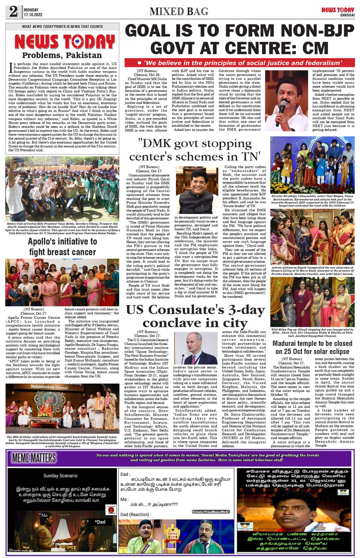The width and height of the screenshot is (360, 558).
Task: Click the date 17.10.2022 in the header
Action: (x=33, y=15)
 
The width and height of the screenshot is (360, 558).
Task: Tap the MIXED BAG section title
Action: (x=179, y=11)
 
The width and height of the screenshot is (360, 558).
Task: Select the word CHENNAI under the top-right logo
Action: (x=347, y=15)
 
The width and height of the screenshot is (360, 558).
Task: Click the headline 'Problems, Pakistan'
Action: (x=62, y=55)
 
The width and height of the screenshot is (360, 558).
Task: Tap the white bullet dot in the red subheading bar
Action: (x=139, y=63)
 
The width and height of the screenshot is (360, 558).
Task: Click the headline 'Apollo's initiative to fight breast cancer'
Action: (x=62, y=247)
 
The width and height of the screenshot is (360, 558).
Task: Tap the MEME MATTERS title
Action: (x=34, y=458)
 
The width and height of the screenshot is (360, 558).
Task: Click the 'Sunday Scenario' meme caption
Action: (x=60, y=475)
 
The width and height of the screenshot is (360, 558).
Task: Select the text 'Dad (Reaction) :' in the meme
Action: (x=136, y=514)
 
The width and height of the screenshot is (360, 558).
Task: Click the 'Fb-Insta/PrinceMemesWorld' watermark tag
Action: (x=210, y=511)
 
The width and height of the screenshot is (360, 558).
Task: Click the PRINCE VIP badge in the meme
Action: (x=173, y=536)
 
